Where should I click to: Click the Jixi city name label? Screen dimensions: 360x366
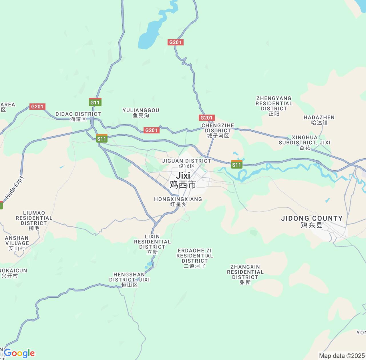[183, 180]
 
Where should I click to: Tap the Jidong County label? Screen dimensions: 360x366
[312, 221]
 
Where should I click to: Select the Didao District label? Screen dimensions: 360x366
[78, 116]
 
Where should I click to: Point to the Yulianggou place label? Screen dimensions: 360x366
[141, 113]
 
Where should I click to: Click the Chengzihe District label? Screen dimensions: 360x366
[218, 130]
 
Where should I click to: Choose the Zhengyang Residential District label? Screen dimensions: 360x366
[274, 106]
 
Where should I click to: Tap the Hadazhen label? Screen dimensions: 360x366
[319, 120]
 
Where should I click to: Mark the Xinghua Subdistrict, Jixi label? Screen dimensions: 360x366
[305, 142]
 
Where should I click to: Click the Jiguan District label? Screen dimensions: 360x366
[186, 163]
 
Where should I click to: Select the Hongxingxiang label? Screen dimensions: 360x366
[178, 201]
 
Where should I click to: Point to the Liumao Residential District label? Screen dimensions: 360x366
[34, 220]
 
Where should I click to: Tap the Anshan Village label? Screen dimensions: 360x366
[17, 243]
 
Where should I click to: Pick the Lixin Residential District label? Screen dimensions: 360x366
[152, 244]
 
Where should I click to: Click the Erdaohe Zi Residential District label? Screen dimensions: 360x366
[195, 258]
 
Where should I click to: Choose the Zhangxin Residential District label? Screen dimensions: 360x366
[245, 274]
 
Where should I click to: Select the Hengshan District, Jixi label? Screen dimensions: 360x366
[130, 279]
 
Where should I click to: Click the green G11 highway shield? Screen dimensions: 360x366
[95, 102]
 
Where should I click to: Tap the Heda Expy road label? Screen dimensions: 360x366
[14, 188]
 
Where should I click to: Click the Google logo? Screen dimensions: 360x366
[19, 353]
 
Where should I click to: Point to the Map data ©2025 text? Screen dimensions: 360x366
[342, 356]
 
